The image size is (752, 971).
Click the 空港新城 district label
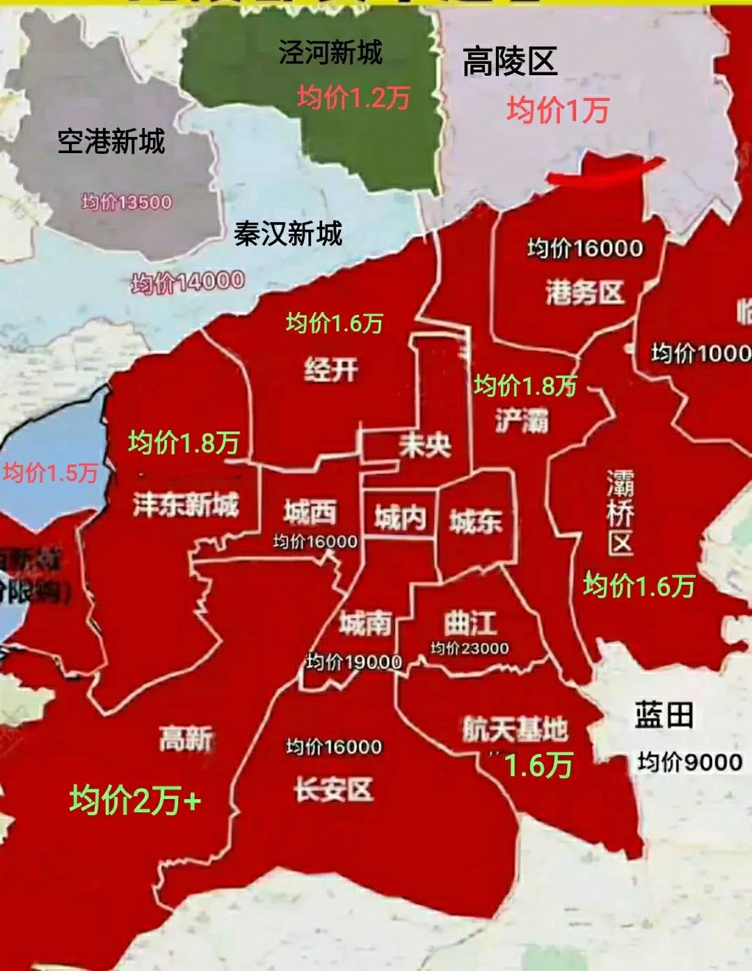(x=111, y=142)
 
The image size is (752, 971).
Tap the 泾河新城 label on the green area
(x=330, y=52)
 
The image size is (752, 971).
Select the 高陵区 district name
(x=510, y=62)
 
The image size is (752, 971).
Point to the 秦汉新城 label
(x=288, y=234)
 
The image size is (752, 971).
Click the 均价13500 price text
(x=127, y=203)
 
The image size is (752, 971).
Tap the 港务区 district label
(x=584, y=293)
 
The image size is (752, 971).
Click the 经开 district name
(x=331, y=369)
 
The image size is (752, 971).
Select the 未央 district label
(x=424, y=445)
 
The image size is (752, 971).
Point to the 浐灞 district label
(x=522, y=421)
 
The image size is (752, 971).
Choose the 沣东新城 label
(x=186, y=504)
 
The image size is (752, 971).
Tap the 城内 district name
(x=400, y=519)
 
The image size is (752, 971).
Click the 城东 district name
(x=476, y=521)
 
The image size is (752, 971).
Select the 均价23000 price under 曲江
(x=470, y=649)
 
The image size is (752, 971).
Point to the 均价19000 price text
(x=354, y=662)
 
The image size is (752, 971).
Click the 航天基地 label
(x=515, y=729)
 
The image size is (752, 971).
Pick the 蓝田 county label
(x=664, y=716)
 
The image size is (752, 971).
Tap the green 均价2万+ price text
(x=136, y=800)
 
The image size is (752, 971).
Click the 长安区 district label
(x=333, y=790)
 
